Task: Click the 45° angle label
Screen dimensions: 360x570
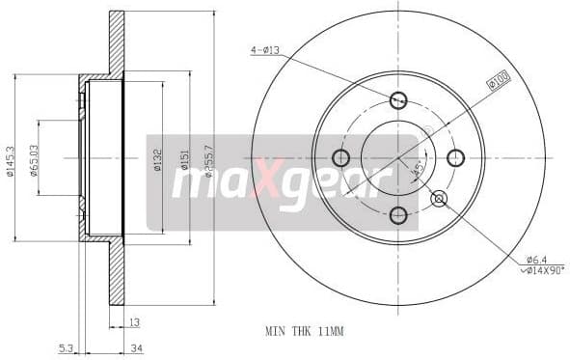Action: tap(416, 172)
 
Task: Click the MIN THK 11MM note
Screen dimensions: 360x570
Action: tap(304, 331)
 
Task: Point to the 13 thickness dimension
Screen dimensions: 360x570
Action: tap(134, 322)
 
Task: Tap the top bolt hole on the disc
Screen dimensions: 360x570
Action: tap(398, 99)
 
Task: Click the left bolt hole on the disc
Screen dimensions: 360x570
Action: tap(340, 157)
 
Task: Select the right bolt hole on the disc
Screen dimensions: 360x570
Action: tap(456, 157)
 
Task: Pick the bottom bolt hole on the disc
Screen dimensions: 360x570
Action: tap(398, 215)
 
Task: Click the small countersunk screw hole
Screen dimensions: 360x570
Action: tap(440, 199)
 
